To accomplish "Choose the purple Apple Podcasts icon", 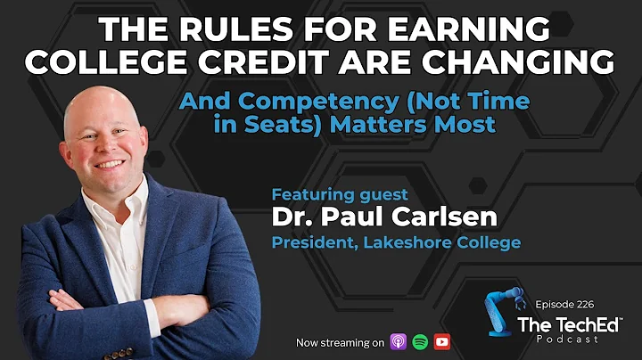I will [x=399, y=341].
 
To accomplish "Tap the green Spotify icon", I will [x=420, y=341].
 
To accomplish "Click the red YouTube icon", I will [x=441, y=341].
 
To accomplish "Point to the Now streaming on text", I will [x=341, y=342].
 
